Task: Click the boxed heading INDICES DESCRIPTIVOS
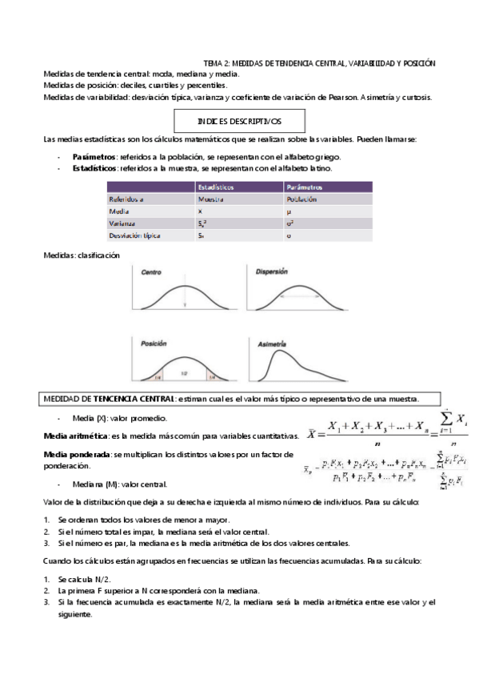239,121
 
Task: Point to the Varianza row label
123,223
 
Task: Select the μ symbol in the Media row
288,211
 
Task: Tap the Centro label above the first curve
152,273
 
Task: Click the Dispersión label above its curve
271,272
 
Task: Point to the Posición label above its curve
154,343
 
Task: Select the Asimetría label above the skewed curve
272,344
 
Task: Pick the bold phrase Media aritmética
75,435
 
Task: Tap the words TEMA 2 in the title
217,62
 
